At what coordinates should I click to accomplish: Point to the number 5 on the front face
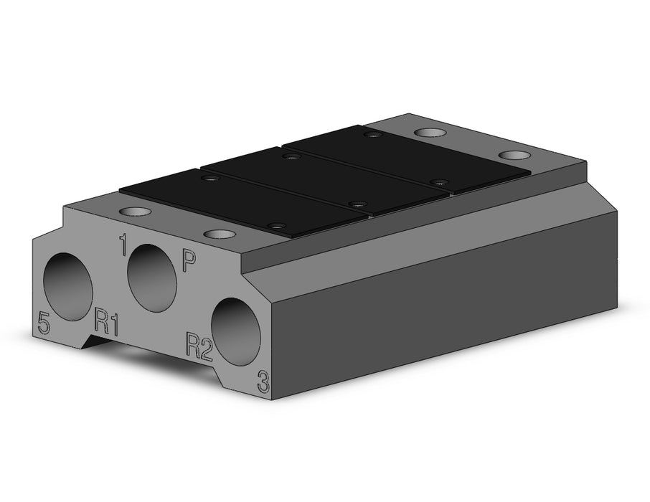pos(44,323)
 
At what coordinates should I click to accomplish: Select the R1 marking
pos(107,321)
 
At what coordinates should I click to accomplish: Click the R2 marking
pos(199,345)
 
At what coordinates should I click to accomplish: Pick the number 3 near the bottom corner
pos(263,382)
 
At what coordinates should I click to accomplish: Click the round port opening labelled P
pos(152,278)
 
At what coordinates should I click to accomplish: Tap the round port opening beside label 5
pos(68,287)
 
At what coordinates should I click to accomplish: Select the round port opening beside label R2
pos(236,331)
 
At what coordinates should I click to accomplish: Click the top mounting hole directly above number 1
pos(136,211)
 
